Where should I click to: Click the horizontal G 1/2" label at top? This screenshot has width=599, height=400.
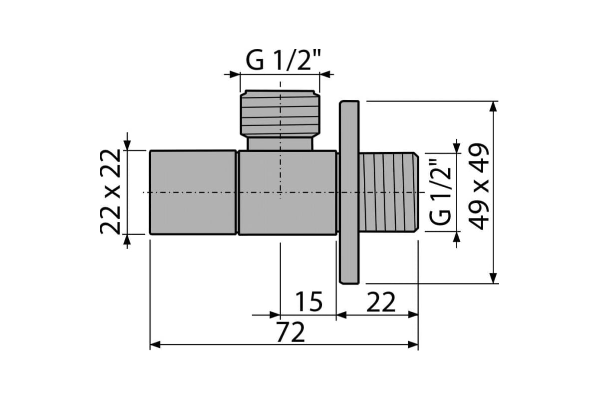[283, 60]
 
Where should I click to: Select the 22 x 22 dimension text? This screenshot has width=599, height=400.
[110, 192]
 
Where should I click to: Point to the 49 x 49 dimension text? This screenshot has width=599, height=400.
[479, 186]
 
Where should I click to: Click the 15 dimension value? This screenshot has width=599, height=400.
[309, 301]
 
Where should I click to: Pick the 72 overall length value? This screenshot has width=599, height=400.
[291, 332]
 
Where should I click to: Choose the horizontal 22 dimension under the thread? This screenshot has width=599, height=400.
[381, 302]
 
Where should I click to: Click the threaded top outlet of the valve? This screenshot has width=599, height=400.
[280, 112]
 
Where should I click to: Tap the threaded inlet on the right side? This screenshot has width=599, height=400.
[389, 192]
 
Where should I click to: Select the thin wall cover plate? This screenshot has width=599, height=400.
[349, 192]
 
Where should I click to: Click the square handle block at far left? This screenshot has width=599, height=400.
[193, 192]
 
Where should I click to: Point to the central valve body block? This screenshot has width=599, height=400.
[288, 192]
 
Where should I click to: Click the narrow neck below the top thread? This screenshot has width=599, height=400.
[280, 143]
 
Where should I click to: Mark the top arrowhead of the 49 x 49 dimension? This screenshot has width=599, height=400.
[493, 106]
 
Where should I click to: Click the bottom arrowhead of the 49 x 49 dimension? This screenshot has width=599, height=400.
[493, 278]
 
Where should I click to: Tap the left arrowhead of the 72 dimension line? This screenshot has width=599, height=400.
[155, 344]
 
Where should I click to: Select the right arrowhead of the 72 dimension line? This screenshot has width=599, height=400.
[413, 344]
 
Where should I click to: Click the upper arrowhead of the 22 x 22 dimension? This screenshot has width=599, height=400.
[127, 145]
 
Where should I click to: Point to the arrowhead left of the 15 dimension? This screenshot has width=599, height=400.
[275, 315]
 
